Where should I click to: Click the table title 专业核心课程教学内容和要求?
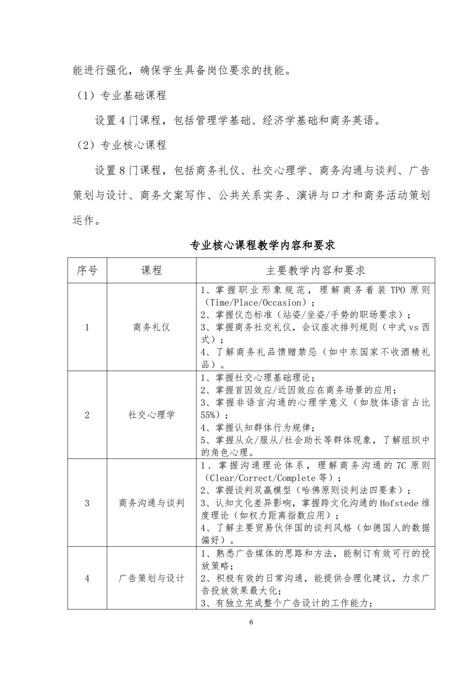262,245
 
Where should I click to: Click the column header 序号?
87,270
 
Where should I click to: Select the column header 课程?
152,270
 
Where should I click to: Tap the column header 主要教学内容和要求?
315,270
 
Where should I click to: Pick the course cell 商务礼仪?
152,327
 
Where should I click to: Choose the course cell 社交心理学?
152,415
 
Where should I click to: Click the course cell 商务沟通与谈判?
152,503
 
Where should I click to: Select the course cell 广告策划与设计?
152,578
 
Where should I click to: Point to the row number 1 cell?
87,327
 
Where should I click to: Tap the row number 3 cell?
87,503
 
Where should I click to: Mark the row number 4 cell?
87,578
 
